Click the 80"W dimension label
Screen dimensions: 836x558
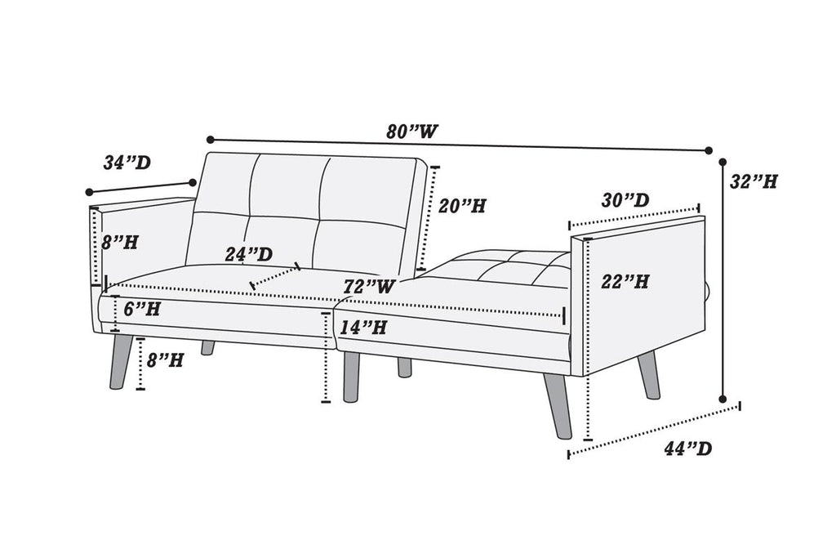412,132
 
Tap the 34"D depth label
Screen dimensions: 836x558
127,163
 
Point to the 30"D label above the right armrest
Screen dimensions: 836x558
625,201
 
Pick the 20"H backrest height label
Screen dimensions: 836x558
462,206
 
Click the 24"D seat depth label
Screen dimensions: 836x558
248,254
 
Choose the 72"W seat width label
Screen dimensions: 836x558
369,287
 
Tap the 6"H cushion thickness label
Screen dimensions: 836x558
142,309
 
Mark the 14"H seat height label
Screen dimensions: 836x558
363,327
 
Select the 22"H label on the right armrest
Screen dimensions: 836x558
625,282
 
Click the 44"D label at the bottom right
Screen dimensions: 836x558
687,449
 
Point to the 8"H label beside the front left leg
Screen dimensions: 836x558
165,360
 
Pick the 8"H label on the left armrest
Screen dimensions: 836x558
120,243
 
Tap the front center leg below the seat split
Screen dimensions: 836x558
351,376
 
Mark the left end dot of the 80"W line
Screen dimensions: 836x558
211,140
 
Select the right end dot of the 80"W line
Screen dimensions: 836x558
709,150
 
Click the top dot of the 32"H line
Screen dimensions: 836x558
723,161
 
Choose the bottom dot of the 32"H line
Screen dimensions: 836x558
723,399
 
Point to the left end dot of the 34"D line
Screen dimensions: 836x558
90,192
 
